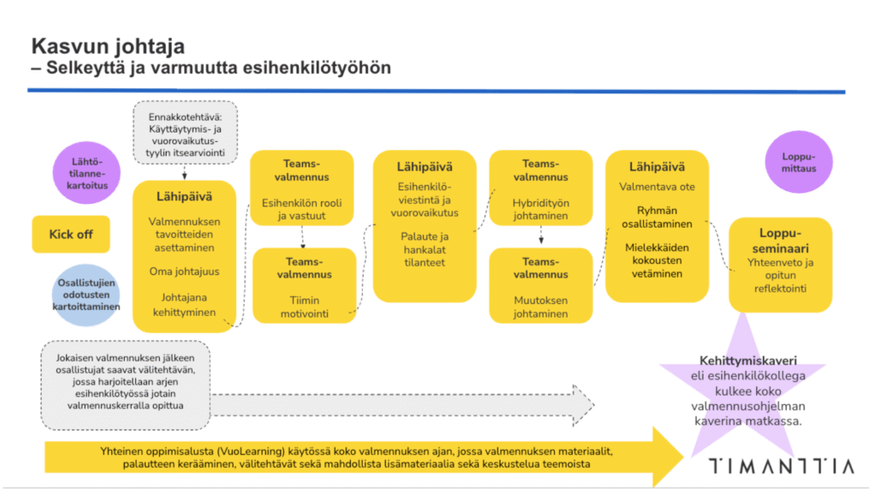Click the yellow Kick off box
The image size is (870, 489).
coord(71,234)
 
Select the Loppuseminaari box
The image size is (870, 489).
coord(780,263)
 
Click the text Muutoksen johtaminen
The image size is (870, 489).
coord(540,306)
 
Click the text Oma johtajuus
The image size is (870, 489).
coord(184,272)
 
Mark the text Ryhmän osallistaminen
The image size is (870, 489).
coord(657,216)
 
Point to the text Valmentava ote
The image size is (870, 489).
coord(657,186)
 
